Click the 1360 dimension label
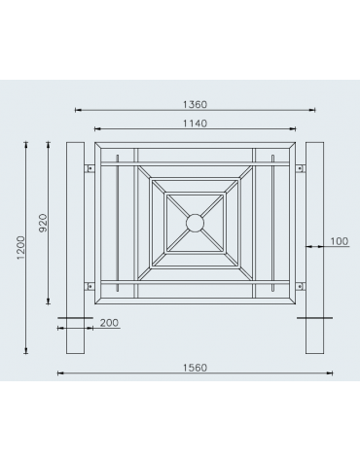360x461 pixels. (x=195, y=103)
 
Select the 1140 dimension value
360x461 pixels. (x=195, y=123)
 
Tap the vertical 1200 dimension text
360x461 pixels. (x=20, y=249)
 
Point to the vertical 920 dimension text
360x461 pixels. (x=43, y=224)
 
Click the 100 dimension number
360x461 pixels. (x=338, y=240)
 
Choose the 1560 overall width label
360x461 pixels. (x=195, y=368)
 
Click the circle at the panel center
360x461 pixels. (x=195, y=224)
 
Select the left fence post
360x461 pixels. (x=76, y=248)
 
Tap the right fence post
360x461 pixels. (x=313, y=248)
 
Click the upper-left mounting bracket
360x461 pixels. (x=91, y=167)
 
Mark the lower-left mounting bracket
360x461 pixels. (x=91, y=285)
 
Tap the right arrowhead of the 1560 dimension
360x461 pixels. (x=330, y=373)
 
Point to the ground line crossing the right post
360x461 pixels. (x=313, y=318)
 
